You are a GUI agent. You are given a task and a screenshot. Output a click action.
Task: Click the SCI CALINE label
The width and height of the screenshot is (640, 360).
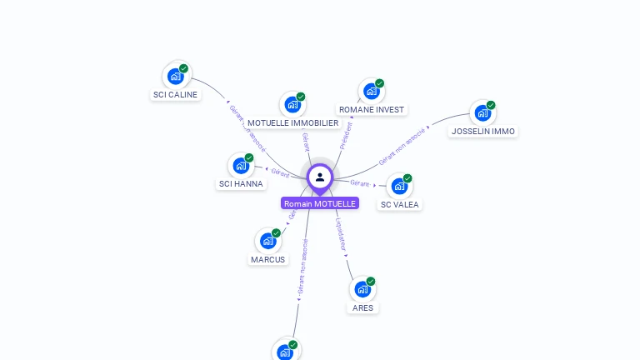175,95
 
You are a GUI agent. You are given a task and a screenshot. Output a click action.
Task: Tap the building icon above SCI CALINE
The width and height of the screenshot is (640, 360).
175,77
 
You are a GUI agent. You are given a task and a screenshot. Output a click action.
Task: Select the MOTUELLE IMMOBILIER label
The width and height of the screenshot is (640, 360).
292,122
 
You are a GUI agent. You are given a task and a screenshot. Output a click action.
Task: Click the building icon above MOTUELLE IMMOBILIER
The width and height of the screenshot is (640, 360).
292,105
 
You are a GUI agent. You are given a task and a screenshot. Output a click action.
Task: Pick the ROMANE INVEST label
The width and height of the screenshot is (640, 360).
371,109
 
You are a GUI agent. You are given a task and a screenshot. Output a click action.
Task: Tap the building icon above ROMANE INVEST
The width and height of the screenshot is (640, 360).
370,92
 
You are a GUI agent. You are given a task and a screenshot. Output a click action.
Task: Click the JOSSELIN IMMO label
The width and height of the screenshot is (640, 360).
482,131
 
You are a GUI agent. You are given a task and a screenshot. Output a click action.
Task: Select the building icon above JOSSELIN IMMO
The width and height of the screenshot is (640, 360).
482,113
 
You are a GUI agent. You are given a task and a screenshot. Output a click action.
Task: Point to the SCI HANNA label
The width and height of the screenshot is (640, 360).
241,183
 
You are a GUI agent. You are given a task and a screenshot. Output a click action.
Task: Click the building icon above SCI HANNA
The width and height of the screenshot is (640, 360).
240,166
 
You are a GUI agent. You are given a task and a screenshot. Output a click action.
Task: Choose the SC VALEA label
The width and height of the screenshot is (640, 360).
400,204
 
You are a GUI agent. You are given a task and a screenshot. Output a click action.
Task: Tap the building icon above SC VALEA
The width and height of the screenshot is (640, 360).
399,186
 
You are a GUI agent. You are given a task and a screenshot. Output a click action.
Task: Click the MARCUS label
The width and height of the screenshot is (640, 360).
267,259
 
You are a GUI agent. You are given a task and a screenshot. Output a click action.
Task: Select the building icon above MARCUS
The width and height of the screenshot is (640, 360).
267,242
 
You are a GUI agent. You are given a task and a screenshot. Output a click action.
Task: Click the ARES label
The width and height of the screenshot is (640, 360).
362,307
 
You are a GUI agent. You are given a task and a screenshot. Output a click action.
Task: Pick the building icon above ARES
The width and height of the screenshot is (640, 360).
362,290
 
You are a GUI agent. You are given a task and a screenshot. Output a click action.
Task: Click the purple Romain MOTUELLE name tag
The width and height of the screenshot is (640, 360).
320,203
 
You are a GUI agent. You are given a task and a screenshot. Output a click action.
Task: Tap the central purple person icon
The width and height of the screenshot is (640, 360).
320,177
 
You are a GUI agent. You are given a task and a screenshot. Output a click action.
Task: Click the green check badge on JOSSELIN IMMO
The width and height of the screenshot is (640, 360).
491,106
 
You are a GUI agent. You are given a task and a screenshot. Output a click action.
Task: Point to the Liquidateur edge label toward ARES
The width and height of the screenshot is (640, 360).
341,234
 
